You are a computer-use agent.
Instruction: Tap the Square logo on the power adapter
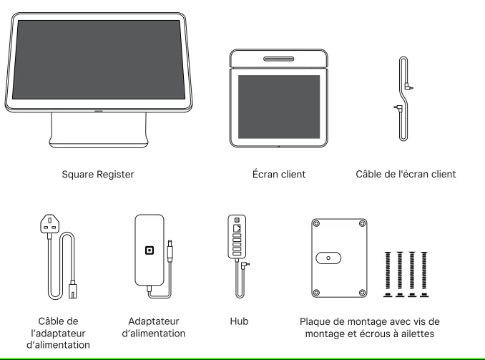click(150, 251)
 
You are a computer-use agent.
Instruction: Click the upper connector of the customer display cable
click(408, 87)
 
